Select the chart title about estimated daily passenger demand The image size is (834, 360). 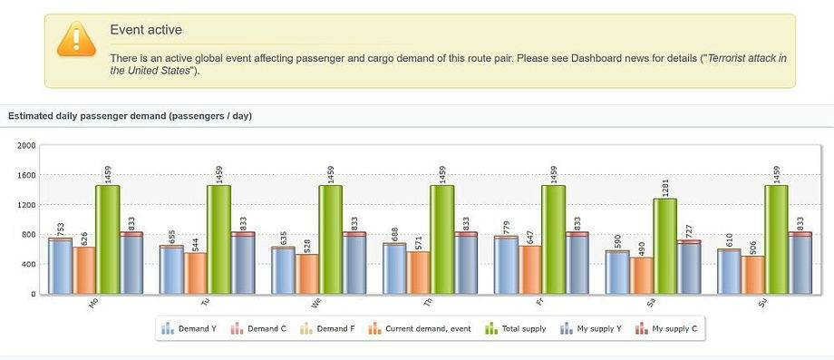(x=130, y=116)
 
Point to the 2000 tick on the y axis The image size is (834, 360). (x=25, y=145)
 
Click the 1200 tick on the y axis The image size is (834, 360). (x=25, y=205)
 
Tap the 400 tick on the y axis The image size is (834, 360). (x=27, y=265)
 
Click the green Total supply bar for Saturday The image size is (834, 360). (x=664, y=246)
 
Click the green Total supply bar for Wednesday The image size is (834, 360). (x=330, y=239)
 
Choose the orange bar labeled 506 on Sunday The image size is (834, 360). (x=753, y=275)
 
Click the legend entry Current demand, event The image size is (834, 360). (x=426, y=328)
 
